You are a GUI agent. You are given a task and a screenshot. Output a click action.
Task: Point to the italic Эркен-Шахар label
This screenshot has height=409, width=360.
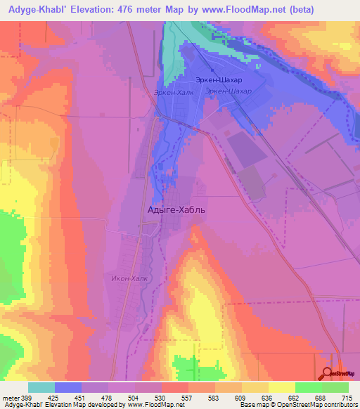229,92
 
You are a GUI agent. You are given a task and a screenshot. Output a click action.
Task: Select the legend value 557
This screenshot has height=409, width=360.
188,398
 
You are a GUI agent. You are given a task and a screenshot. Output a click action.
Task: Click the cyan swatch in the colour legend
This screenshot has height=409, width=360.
41,387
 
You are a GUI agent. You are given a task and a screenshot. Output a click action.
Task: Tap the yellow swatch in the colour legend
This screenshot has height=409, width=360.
281,387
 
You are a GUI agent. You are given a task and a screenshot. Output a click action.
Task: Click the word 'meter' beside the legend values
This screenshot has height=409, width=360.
11,398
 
